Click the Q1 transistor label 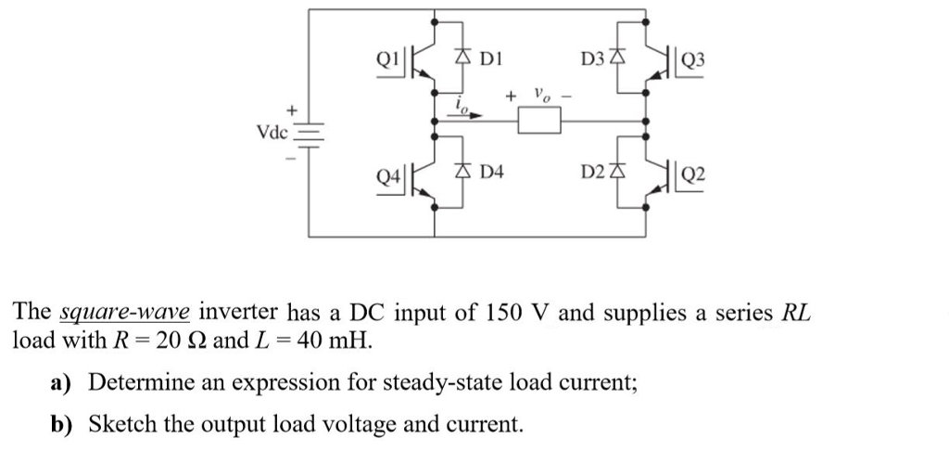(x=387, y=58)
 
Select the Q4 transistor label (x=387, y=174)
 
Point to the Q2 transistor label (x=692, y=174)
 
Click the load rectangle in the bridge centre (x=539, y=121)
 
